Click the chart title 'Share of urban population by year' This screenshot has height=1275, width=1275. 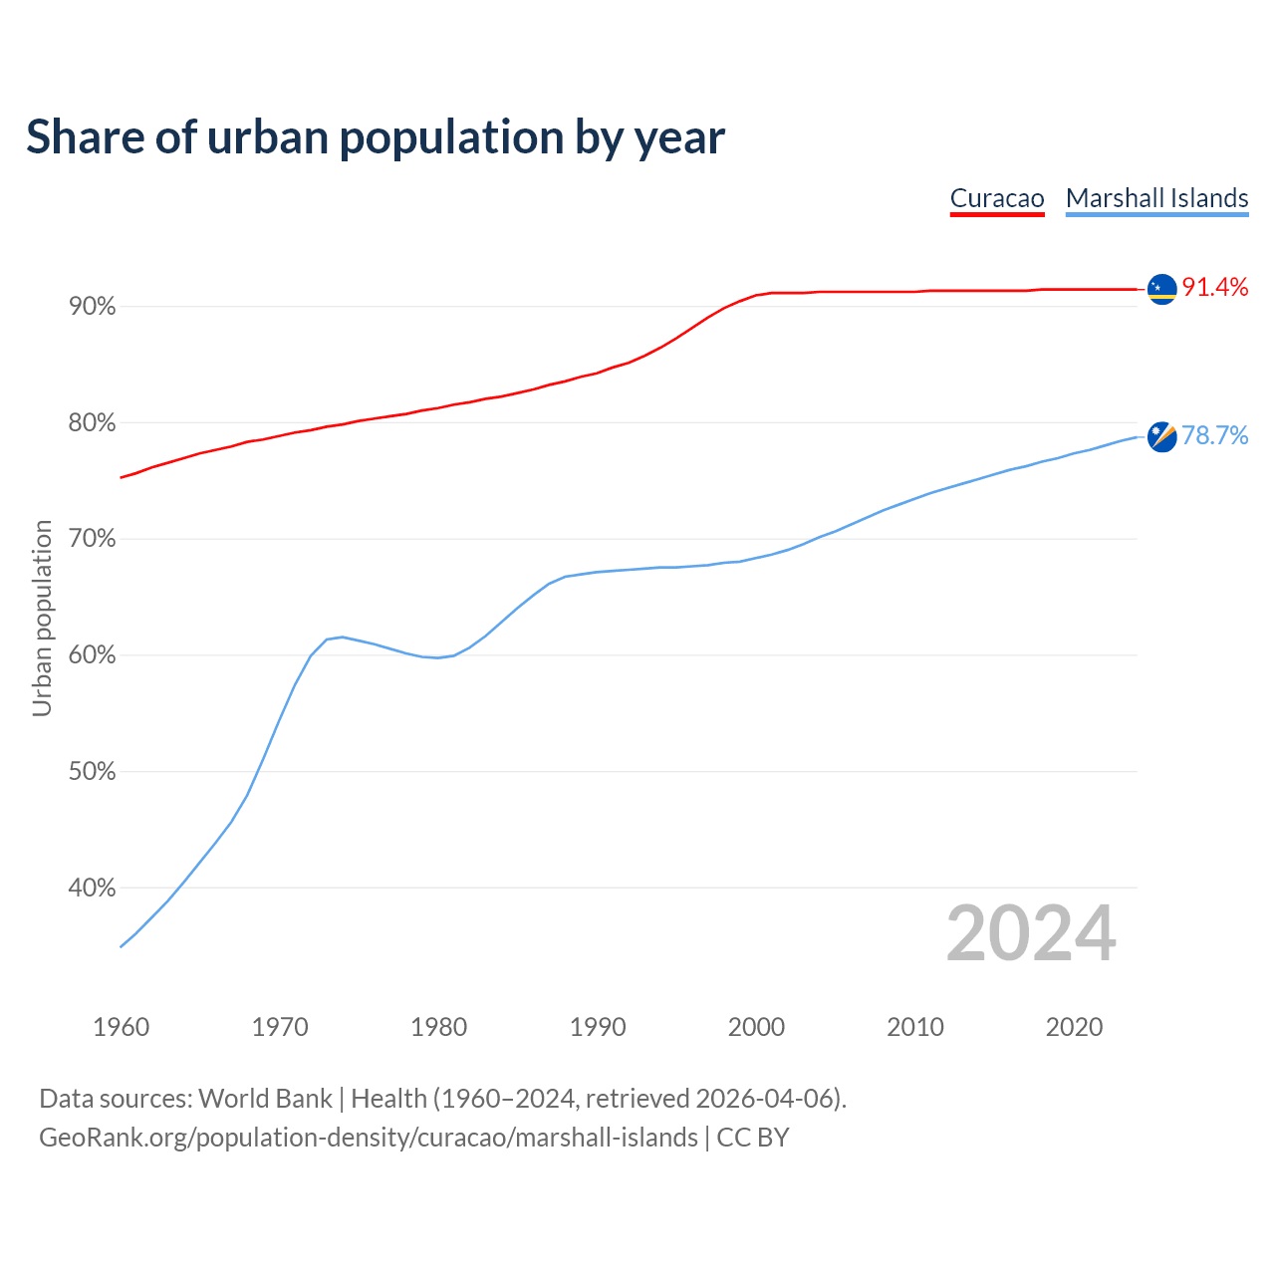tap(376, 137)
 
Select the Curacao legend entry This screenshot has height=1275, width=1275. tap(997, 198)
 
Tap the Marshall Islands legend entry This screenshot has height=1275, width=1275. tap(1156, 198)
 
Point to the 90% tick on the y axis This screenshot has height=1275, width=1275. tap(93, 307)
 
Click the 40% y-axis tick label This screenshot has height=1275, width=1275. tap(93, 888)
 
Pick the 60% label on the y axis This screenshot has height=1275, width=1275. tap(93, 655)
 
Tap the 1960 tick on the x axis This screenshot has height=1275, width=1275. tap(122, 1027)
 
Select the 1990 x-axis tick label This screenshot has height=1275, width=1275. tap(598, 1027)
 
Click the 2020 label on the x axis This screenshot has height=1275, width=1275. tap(1074, 1027)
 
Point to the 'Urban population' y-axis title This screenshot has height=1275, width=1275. tap(42, 618)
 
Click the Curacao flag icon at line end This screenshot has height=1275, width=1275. tap(1161, 289)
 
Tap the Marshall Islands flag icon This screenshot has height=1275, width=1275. tap(1161, 436)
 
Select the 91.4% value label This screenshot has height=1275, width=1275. tap(1215, 288)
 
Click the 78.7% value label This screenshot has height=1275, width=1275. tap(1215, 435)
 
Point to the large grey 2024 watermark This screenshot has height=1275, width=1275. tap(1031, 933)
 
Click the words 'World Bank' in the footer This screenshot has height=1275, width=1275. tap(265, 1099)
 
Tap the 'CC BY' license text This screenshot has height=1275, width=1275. tap(753, 1138)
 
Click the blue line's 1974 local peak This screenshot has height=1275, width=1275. tap(343, 637)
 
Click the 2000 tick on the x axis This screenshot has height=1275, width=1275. tap(757, 1027)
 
